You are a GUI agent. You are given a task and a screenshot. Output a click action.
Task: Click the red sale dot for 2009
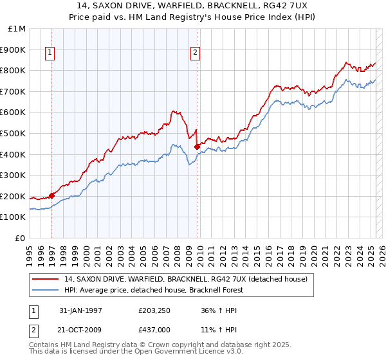click(x=197, y=147)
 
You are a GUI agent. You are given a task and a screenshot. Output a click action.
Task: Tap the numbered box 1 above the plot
click(x=50, y=54)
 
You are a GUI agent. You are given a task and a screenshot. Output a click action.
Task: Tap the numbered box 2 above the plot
click(x=195, y=54)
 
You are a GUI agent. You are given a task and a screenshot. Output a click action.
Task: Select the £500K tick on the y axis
click(x=14, y=133)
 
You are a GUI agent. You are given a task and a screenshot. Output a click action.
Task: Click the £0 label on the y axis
click(x=21, y=238)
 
